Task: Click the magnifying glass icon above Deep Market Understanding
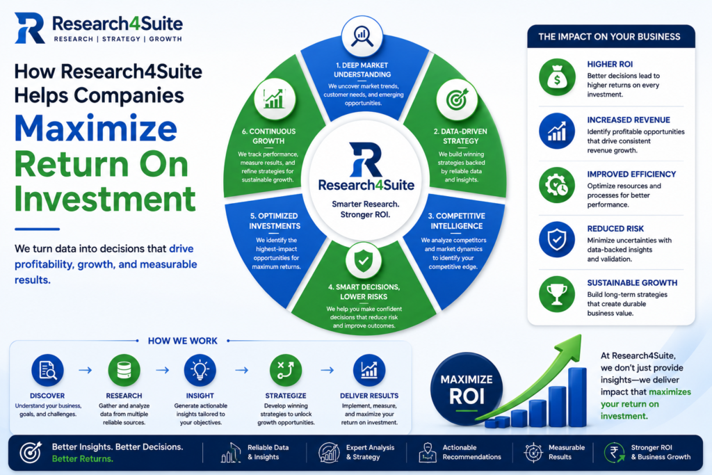coord(362,36)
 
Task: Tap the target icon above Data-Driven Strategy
coord(457,99)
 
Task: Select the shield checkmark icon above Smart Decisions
coord(363,261)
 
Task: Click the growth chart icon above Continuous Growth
coord(275,99)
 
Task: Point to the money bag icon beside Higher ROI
coord(557,77)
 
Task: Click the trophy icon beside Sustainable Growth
coord(557,293)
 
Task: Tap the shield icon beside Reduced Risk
coord(557,239)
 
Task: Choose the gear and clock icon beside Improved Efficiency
coord(557,185)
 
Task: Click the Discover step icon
coord(48,370)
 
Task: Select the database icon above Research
coord(124,370)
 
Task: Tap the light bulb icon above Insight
coord(200,370)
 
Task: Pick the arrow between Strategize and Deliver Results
coord(327,370)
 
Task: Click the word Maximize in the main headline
coord(96,129)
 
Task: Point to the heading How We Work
coord(183,341)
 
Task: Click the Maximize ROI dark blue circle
coord(467,389)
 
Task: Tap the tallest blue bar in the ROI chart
coord(577,397)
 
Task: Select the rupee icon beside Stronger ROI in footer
coord(615,452)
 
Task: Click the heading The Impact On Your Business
coord(609,37)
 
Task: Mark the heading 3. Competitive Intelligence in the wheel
coord(456,220)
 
